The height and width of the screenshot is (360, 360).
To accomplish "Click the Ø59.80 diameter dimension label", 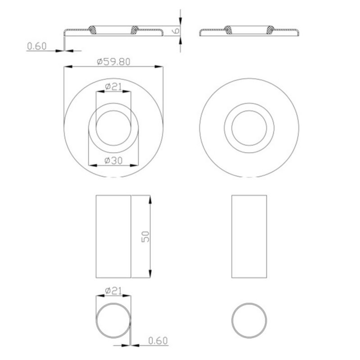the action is (114, 62).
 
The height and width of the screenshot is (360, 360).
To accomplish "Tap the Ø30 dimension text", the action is (114, 161).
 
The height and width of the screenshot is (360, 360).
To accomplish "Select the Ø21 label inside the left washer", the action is (114, 86).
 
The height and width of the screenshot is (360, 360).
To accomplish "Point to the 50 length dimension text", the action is (145, 237).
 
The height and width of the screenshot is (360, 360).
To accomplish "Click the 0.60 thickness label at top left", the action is (37, 46).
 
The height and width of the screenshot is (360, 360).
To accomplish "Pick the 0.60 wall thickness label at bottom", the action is (158, 341).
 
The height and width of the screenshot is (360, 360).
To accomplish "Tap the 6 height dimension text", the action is (176, 31).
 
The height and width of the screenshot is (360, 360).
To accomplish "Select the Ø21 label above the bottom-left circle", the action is (114, 291).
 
